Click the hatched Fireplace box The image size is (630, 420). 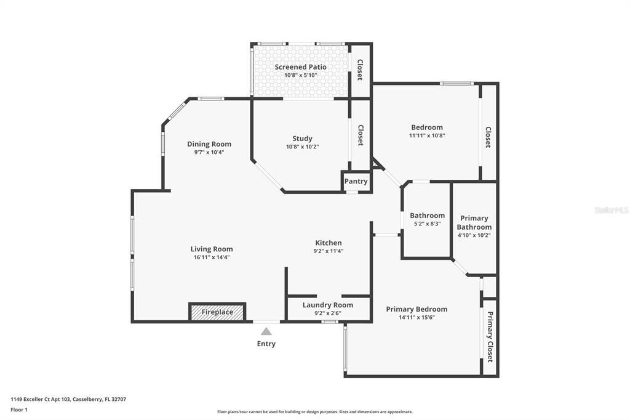coord(217,312)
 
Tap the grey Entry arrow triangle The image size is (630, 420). coord(266,331)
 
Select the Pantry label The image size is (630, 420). coord(356,181)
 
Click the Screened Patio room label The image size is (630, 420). coord(300,67)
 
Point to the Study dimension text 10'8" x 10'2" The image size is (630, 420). coord(302,147)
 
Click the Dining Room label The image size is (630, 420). coord(209,144)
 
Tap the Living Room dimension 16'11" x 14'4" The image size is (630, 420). coord(211,257)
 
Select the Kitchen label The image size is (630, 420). coord(328,243)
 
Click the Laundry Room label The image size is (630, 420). coord(327,305)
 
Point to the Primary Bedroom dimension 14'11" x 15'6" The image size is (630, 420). coord(417,318)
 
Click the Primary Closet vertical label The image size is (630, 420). coord(490,337)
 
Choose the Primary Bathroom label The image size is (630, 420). coord(474,222)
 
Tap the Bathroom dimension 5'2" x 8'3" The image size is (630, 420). coord(427,224)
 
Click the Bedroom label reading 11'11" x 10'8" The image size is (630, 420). coord(427,127)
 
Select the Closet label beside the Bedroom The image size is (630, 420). coord(488,137)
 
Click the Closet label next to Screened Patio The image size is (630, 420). coord(360,70)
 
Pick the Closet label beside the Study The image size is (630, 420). coord(361,135)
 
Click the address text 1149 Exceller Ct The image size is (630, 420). coord(68,399)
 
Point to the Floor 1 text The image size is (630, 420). coord(20,409)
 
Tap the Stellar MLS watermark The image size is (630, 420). coord(611,210)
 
